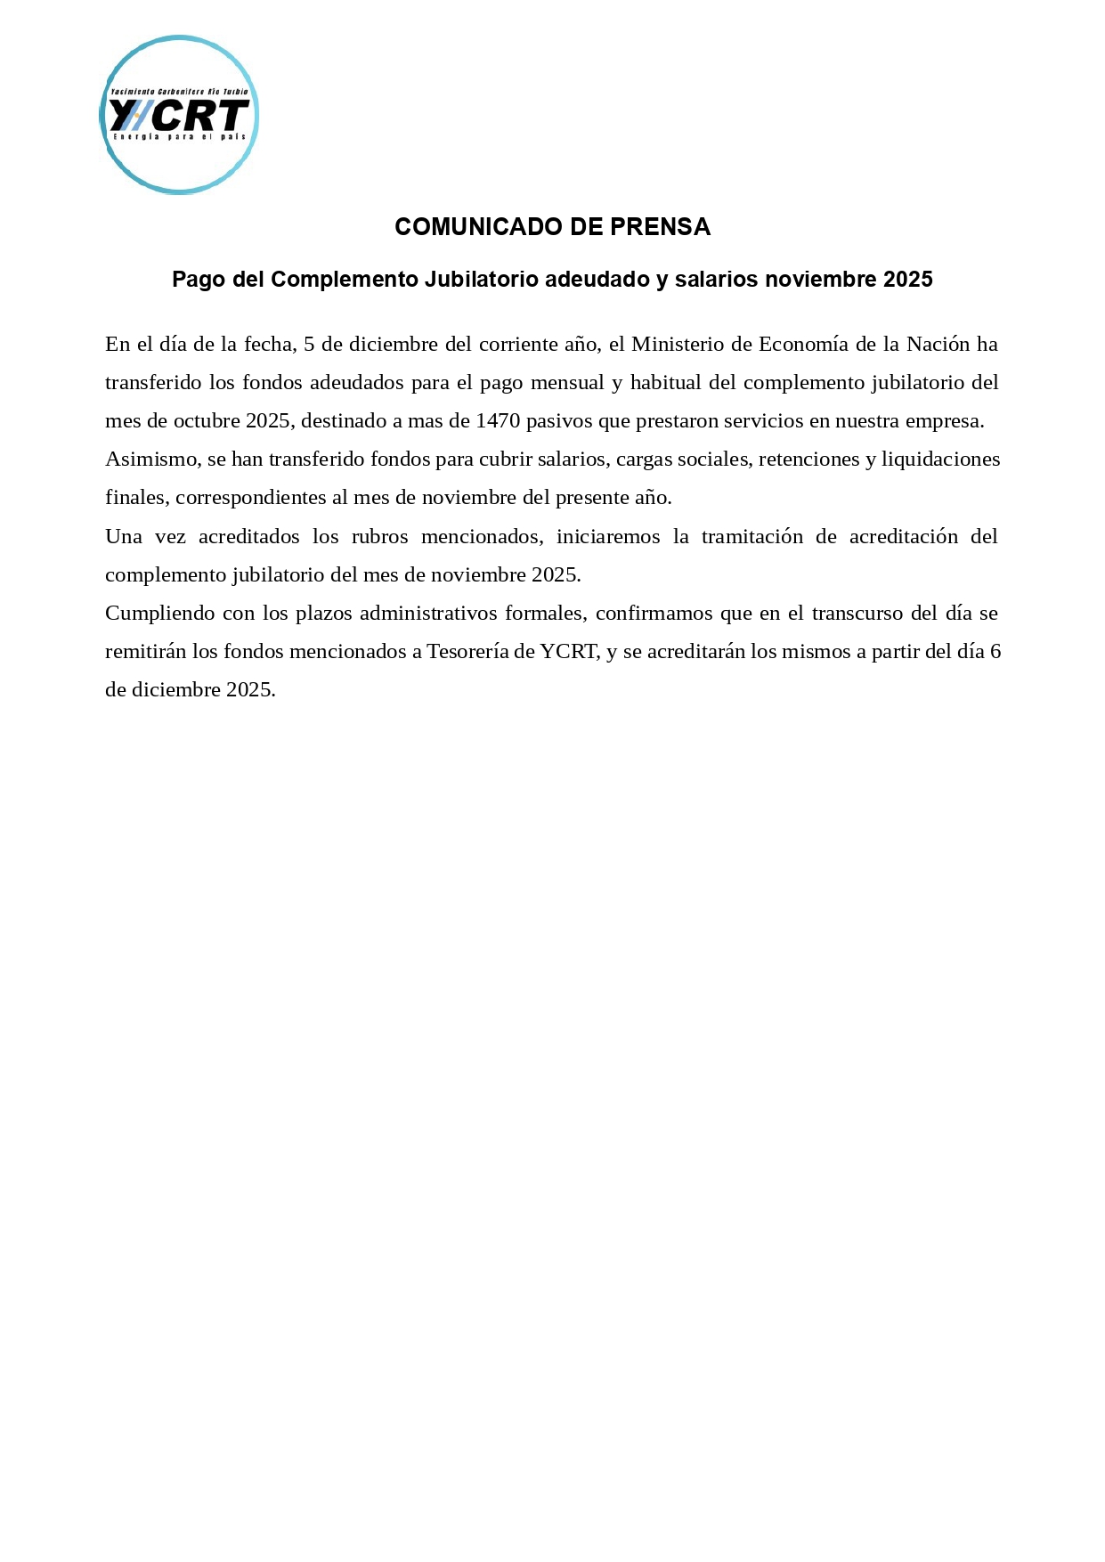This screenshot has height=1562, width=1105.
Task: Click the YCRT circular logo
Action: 179,115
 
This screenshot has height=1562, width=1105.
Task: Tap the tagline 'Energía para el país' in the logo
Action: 179,136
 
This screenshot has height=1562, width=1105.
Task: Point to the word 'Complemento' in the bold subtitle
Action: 345,280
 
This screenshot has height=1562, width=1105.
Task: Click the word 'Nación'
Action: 938,344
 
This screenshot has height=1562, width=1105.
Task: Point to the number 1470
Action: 498,421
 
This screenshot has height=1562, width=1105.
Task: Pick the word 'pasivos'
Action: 559,421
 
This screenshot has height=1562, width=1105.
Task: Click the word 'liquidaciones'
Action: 940,460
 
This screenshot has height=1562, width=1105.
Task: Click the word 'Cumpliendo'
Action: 158,614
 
